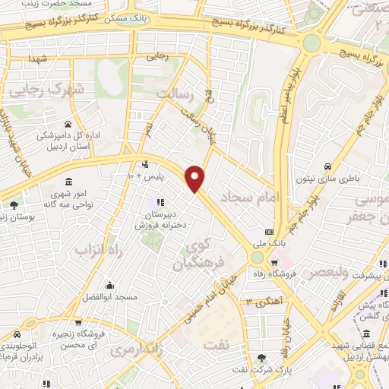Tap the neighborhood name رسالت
(x=176, y=94)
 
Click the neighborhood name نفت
(x=216, y=343)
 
